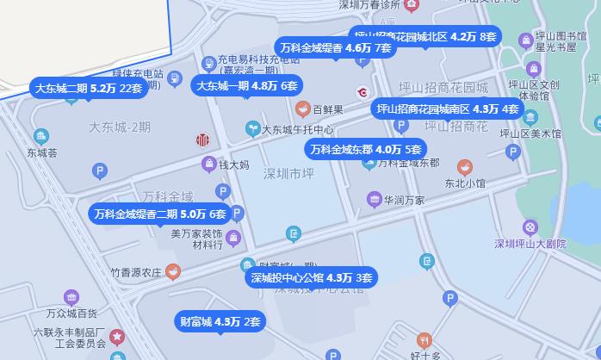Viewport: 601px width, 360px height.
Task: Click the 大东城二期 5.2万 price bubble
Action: pyautogui.click(x=87, y=88)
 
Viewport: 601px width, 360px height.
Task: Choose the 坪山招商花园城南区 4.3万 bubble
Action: pyautogui.click(x=447, y=109)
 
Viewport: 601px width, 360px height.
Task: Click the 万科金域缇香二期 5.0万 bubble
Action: pyautogui.click(x=160, y=214)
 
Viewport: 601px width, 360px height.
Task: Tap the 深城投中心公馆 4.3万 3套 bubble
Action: pyautogui.click(x=311, y=277)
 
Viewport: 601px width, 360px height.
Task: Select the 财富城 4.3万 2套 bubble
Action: pyautogui.click(x=219, y=322)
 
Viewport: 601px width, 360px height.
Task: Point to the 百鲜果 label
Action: pyautogui.click(x=328, y=110)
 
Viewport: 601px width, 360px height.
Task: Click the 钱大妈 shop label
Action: pyautogui.click(x=233, y=164)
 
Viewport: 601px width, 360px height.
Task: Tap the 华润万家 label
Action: pyautogui.click(x=404, y=200)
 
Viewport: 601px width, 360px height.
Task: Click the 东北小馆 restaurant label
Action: pyautogui.click(x=465, y=183)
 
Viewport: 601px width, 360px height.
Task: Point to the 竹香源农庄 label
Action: pyautogui.click(x=136, y=272)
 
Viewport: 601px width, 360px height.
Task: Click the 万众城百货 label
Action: pyautogui.click(x=71, y=313)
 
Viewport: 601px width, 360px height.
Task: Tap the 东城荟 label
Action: pyautogui.click(x=41, y=153)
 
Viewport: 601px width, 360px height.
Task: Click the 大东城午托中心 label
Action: pyautogui.click(x=298, y=130)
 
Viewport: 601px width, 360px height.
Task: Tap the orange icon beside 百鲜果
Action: pyautogui.click(x=302, y=109)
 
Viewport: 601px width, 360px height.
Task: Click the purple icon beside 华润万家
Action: pyautogui.click(x=374, y=200)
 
